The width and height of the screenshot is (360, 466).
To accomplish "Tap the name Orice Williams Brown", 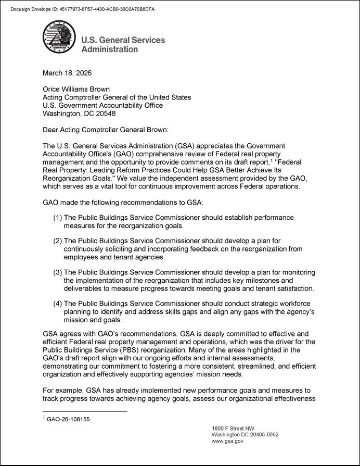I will click(76, 89).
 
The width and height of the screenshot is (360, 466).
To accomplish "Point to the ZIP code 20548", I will click(105, 113).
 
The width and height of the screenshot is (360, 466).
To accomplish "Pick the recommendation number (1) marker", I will click(57, 217).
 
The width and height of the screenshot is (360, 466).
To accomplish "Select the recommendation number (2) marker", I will click(57, 241).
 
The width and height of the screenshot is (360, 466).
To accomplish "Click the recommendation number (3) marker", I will click(57, 273).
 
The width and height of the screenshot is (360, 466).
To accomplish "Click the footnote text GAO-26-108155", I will click(68, 419).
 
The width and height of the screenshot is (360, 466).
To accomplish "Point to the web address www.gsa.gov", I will click(227, 442).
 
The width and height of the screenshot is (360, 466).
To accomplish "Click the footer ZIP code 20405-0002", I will click(260, 435).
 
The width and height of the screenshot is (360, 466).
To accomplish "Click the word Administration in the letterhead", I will click(110, 49).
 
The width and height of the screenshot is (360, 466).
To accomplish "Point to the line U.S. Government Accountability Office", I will click(102, 105).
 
